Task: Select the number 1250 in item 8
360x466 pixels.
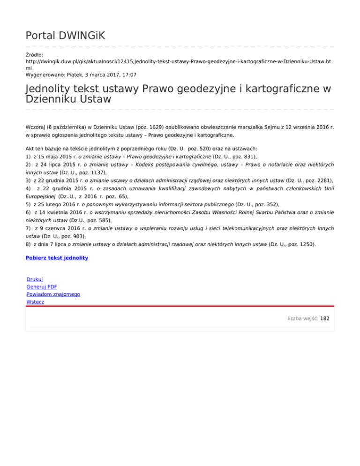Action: [307, 244]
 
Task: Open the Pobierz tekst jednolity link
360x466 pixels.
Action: [57, 258]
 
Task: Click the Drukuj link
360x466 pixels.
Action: [35, 279]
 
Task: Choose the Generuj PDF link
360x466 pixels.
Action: [42, 286]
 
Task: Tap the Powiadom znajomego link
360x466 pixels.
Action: [53, 294]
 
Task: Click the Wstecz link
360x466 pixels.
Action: [36, 302]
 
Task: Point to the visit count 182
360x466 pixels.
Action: [325, 318]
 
